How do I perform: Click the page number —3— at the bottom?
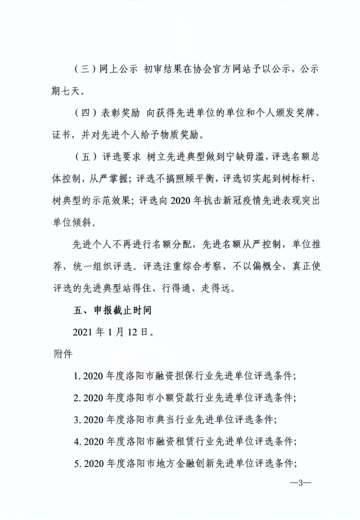pos(300,483)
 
